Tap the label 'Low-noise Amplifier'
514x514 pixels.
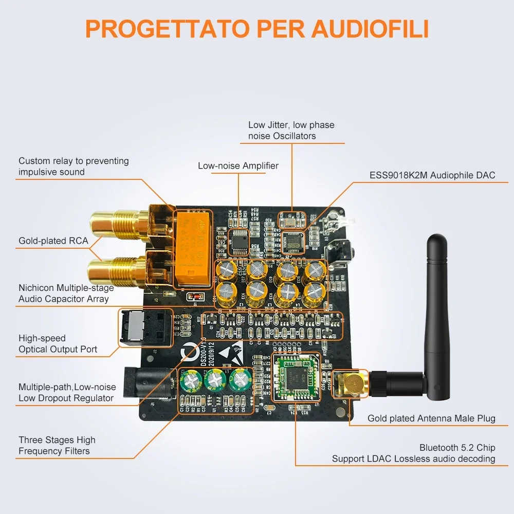(238, 166)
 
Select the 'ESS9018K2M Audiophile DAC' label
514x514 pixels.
(432, 175)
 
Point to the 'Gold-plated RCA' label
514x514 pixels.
(53, 241)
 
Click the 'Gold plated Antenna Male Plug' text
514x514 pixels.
(431, 418)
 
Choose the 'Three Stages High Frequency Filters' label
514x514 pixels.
(57, 446)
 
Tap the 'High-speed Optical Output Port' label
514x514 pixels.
(58, 344)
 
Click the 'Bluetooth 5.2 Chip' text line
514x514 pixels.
(457, 448)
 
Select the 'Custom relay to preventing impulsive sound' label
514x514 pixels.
(74, 166)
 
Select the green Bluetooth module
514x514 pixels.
(295, 378)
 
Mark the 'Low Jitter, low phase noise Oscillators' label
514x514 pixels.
(291, 131)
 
